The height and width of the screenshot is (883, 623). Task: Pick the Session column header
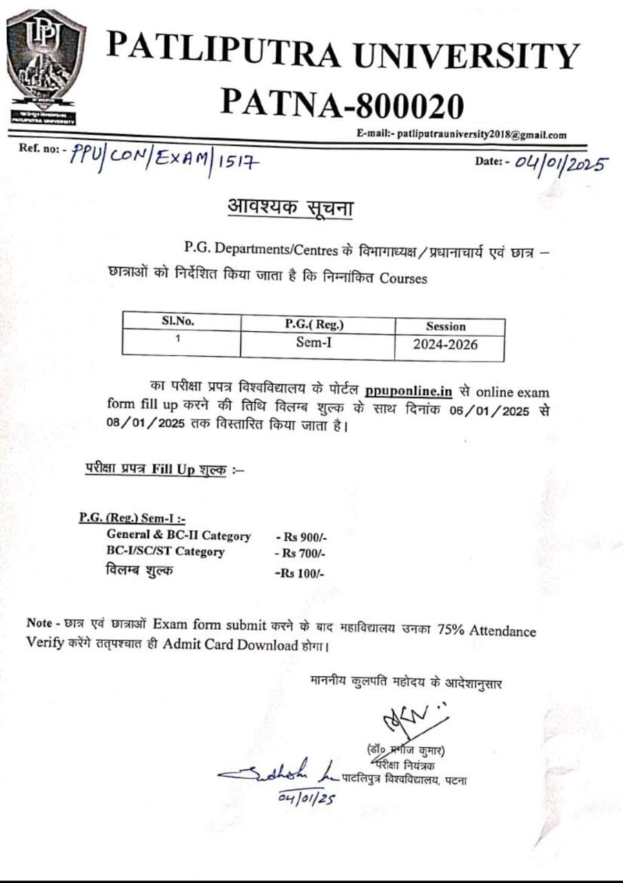pyautogui.click(x=445, y=326)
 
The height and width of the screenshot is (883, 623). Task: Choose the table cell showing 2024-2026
pyautogui.click(x=445, y=344)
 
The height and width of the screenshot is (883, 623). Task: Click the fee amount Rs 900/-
pyautogui.click(x=300, y=537)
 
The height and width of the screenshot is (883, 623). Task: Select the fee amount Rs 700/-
pyautogui.click(x=299, y=553)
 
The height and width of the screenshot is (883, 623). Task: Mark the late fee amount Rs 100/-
pyautogui.click(x=299, y=573)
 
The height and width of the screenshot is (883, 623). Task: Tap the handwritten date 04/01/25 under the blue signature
pyautogui.click(x=307, y=797)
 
